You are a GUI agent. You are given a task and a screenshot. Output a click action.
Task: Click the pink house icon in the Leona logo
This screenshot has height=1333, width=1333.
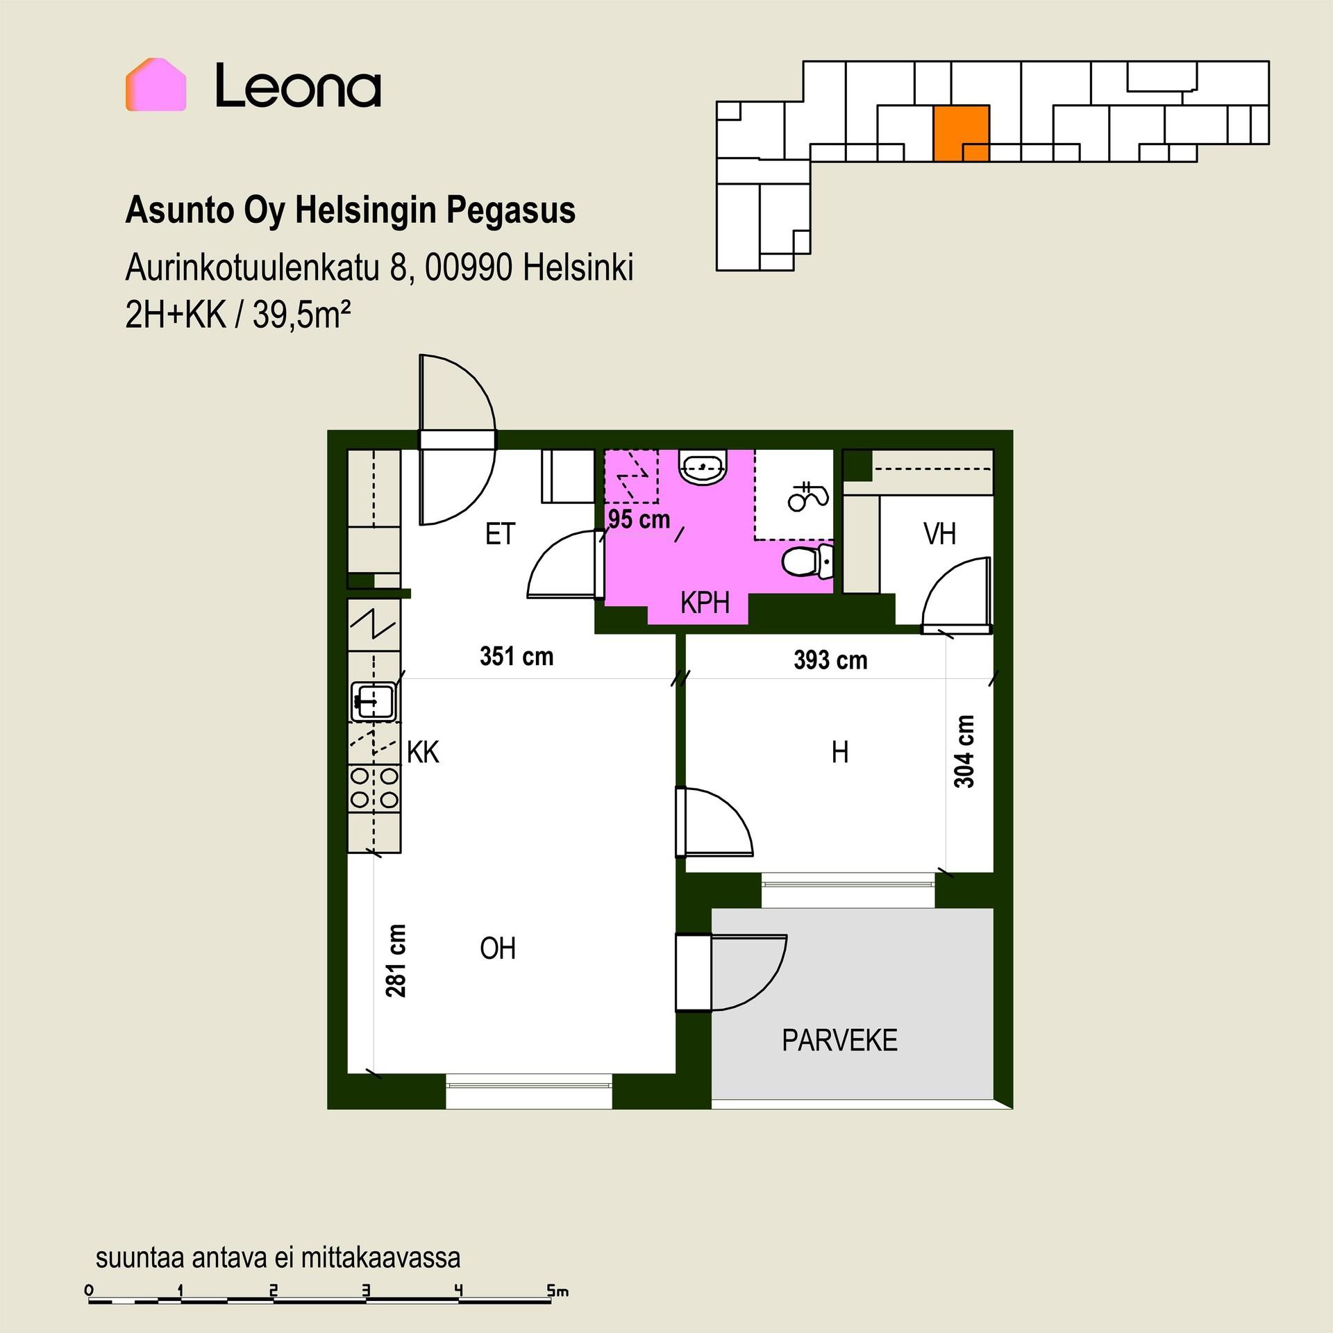pos(156,85)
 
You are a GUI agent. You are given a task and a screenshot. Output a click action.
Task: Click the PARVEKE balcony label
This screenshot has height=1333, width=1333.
pos(839,1040)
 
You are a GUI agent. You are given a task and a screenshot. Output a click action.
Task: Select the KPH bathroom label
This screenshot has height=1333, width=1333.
pos(705,603)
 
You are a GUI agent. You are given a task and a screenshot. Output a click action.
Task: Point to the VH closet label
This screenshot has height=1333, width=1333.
pos(939,534)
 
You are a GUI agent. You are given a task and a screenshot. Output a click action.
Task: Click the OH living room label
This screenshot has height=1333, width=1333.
pos(498,948)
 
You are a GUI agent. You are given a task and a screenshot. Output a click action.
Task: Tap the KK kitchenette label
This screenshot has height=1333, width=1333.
pos(423,752)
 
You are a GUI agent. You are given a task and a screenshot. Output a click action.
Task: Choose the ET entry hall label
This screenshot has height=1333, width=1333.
pos(500,534)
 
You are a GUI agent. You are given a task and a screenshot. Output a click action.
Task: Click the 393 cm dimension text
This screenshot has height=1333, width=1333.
pos(830,660)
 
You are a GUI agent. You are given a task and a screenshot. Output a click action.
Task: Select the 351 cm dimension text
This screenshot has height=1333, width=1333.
pos(517,657)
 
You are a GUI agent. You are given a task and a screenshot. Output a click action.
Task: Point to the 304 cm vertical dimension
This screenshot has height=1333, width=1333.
pos(964,752)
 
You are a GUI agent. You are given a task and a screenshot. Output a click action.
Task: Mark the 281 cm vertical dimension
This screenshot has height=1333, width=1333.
pos(396,961)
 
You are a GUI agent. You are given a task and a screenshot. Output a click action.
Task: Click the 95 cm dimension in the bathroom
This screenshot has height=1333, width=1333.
pos(639,519)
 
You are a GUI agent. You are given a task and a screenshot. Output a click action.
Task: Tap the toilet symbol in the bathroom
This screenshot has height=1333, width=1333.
pos(807,561)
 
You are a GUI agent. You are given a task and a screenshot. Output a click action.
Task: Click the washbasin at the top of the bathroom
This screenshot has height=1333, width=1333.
pos(703,467)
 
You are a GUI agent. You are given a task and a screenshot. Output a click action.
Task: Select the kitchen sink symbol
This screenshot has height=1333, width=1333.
pos(374,701)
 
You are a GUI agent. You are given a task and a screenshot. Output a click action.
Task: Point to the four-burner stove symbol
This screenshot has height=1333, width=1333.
pos(374,788)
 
